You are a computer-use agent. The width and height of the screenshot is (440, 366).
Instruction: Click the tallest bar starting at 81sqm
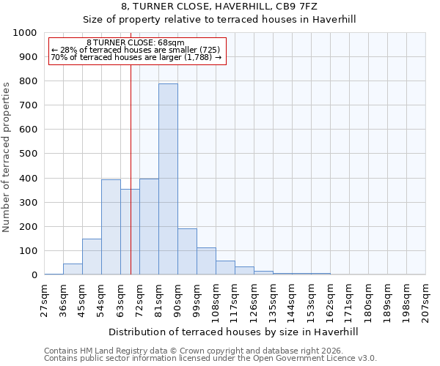pos(168,179)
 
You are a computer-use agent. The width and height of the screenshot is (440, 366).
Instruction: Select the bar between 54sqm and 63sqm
pos(111,227)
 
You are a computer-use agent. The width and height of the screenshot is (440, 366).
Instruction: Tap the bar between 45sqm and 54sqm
pos(92,256)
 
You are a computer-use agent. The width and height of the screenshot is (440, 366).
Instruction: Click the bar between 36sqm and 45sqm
pos(73,269)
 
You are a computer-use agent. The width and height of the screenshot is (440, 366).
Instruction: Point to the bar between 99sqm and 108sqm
pos(206,261)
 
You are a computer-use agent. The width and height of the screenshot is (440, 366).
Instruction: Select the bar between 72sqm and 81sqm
pos(149,226)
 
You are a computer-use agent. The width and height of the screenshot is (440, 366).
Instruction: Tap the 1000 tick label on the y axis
pos(25,33)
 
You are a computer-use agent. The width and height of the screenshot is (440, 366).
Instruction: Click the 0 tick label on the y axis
pos(34,275)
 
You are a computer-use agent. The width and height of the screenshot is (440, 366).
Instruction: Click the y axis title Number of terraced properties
pos(7,157)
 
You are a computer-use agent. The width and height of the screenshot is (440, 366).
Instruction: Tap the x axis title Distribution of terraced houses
pos(234,332)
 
